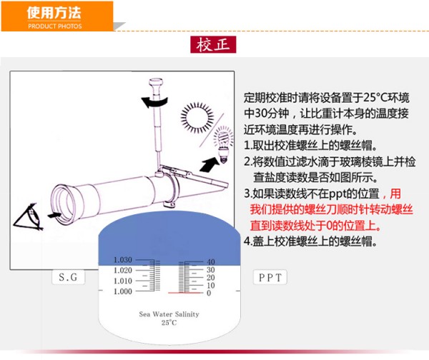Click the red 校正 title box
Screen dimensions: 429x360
pyautogui.click(x=213, y=44)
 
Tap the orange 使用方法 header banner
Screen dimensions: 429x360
pyautogui.click(x=57, y=16)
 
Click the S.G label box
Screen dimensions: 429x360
pyautogui.click(x=68, y=277)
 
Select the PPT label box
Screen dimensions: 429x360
pyautogui.click(x=270, y=277)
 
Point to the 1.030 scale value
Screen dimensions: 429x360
pyautogui.click(x=123, y=260)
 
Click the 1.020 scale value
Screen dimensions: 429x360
pyautogui.click(x=123, y=270)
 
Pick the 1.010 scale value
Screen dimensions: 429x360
pyautogui.click(x=123, y=281)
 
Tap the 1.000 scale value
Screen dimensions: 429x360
pyautogui.click(x=123, y=291)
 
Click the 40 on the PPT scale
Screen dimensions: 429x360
pyautogui.click(x=211, y=261)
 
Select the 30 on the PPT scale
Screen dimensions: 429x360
pyautogui.click(x=211, y=270)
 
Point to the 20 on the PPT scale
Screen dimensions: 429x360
pyautogui.click(x=211, y=277)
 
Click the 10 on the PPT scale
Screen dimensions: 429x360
pyautogui.click(x=211, y=286)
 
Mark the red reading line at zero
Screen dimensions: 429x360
pyautogui.click(x=185, y=293)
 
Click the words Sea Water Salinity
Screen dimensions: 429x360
pyautogui.click(x=169, y=314)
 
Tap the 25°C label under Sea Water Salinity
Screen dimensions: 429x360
pyautogui.click(x=169, y=323)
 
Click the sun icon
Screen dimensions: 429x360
pyautogui.click(x=197, y=118)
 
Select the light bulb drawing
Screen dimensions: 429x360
pyautogui.click(x=224, y=144)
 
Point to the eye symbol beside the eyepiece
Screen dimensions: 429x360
pyautogui.click(x=28, y=216)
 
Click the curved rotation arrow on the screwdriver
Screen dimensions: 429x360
pyautogui.click(x=154, y=103)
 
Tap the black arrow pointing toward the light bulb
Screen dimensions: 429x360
pyautogui.click(x=209, y=164)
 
